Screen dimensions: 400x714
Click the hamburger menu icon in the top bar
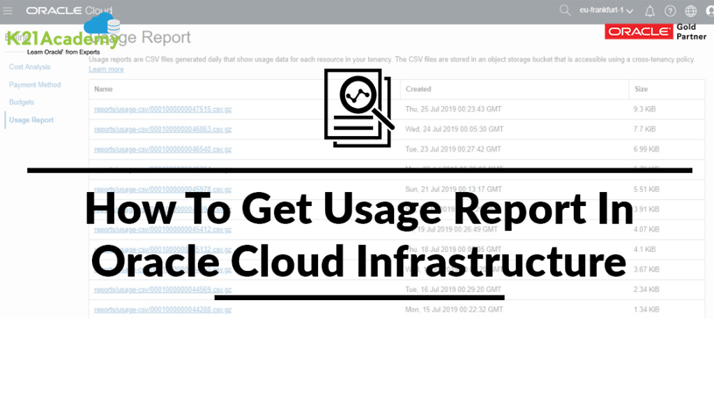pos(8,10)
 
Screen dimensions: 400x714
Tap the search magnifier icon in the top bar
pos(565,10)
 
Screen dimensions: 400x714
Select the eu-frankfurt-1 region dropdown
pos(606,11)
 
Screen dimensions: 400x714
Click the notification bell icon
pos(650,11)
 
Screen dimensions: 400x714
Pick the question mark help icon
pos(670,11)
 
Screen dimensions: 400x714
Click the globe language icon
pos(690,11)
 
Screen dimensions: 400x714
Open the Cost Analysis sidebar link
pos(29,67)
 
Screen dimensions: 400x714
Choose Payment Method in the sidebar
pos(35,84)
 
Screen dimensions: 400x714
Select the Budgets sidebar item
pos(22,102)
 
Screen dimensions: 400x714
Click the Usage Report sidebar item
pos(31,120)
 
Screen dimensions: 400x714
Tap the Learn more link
pos(106,69)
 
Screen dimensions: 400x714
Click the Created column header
pos(418,89)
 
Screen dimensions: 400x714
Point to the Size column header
pos(641,89)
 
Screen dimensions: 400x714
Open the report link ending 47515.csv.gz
pos(162,110)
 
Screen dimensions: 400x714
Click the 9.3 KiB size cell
pos(644,110)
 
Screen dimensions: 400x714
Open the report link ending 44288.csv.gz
pos(162,309)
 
